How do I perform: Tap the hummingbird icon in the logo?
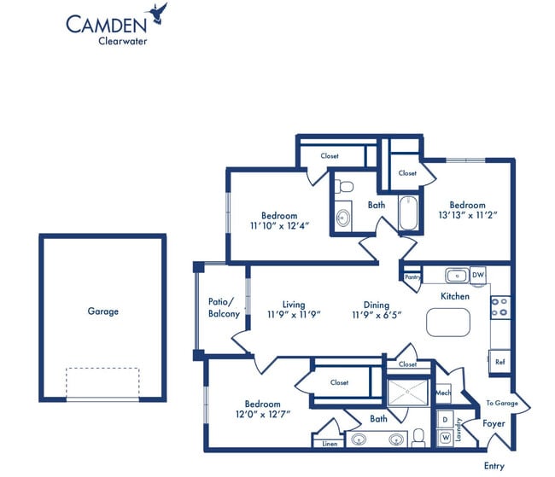click(x=158, y=11)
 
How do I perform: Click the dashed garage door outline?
click(x=102, y=383)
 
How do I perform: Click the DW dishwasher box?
click(x=478, y=276)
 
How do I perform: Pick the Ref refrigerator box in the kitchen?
click(x=499, y=362)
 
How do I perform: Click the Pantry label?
click(x=412, y=276)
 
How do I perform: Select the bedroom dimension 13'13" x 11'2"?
click(x=467, y=216)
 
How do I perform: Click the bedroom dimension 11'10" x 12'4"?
click(x=279, y=227)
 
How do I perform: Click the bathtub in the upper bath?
click(x=408, y=213)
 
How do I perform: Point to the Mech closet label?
click(x=442, y=393)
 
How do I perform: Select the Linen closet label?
click(x=329, y=444)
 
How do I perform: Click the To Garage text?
click(x=503, y=403)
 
